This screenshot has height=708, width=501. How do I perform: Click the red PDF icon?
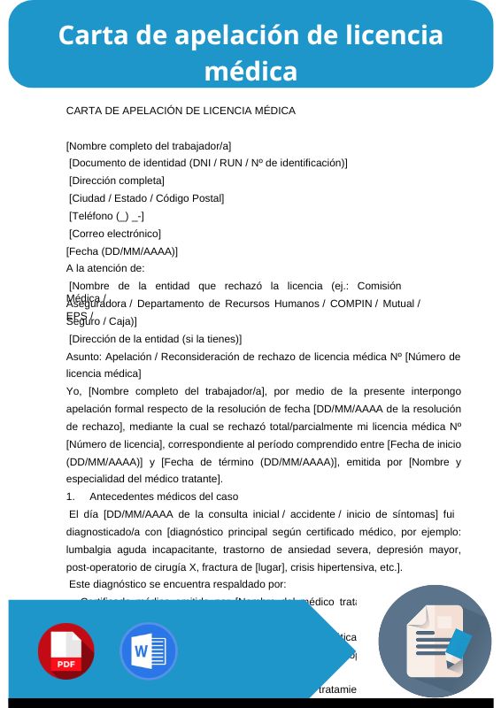[66, 650]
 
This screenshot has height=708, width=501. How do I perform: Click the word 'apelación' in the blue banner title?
[235, 35]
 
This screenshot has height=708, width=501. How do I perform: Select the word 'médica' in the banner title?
[250, 69]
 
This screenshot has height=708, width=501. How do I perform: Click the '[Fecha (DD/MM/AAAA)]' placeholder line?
[122, 250]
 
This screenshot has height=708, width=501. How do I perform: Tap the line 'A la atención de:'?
[106, 267]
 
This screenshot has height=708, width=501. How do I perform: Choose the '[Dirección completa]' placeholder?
[117, 181]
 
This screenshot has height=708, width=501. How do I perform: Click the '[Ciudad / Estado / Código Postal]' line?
[146, 198]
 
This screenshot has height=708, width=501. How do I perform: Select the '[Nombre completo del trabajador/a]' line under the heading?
[149, 146]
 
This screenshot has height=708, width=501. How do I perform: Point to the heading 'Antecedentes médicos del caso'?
[164, 494]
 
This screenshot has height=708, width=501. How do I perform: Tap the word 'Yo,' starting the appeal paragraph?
[74, 390]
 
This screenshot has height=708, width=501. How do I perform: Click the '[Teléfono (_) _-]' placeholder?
[106, 216]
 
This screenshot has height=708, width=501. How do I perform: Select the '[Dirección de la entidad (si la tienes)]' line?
[155, 338]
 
